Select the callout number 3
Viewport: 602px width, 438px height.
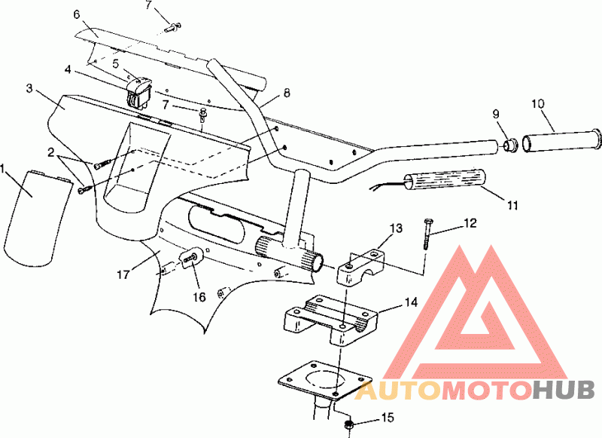point(29,89)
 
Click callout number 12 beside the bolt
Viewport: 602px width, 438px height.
point(470,223)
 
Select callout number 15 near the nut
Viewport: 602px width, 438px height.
point(388,416)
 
